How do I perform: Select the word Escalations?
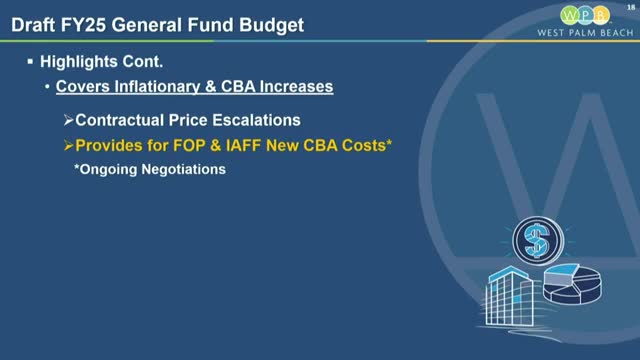255,120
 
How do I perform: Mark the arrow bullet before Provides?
69,145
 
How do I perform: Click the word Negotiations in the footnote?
186,169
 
